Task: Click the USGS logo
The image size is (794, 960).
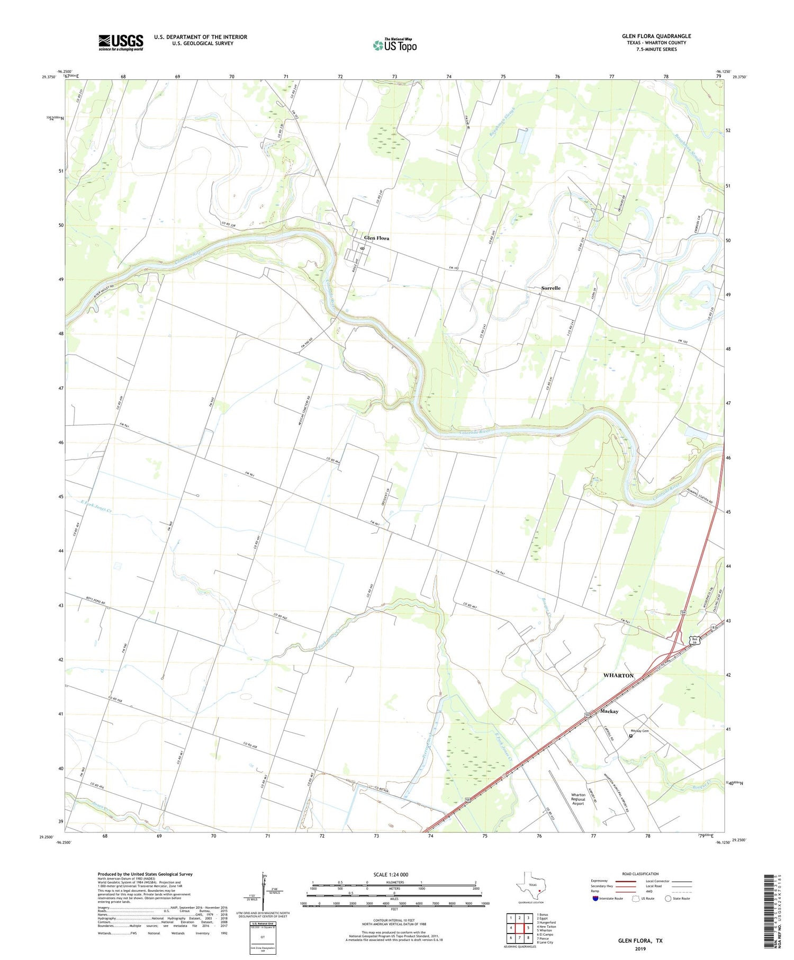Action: click(x=121, y=42)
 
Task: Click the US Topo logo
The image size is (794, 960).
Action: click(x=395, y=45)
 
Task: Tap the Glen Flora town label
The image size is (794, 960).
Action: click(x=376, y=238)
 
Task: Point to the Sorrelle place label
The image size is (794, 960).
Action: click(x=551, y=288)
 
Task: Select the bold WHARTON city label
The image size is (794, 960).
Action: click(x=618, y=676)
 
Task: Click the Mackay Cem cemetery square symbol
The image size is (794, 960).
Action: click(x=630, y=735)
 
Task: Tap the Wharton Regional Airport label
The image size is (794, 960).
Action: click(x=578, y=799)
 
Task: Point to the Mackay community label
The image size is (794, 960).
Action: click(x=609, y=711)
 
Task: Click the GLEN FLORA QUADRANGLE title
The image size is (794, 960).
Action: click(x=656, y=36)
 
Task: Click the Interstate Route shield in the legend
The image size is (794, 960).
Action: click(x=595, y=899)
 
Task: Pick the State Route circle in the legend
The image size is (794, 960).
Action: click(x=669, y=899)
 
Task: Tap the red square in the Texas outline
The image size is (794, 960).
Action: click(x=539, y=891)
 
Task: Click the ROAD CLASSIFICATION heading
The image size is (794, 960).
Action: click(x=640, y=874)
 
